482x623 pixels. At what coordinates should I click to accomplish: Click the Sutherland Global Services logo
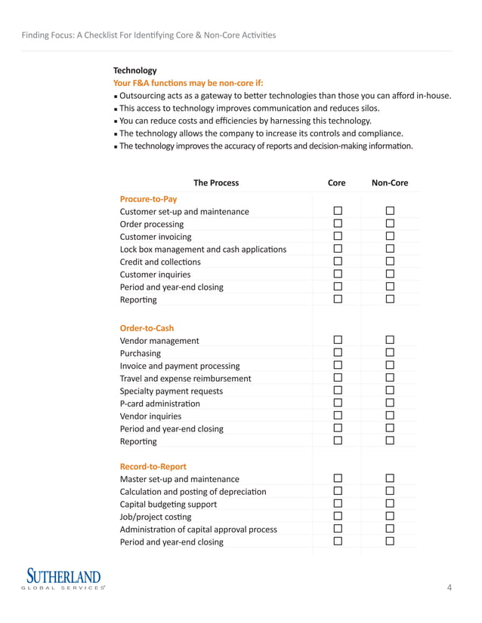(64, 580)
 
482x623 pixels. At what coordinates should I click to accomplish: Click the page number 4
(450, 588)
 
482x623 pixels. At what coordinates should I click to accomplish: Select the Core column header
(337, 183)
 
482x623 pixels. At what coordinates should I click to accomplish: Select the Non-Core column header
(390, 183)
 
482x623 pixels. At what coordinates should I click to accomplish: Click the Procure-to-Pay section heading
(148, 199)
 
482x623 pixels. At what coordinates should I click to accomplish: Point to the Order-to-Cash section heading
(147, 328)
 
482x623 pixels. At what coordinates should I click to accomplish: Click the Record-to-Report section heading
(153, 466)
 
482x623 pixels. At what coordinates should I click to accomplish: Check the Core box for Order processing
(338, 224)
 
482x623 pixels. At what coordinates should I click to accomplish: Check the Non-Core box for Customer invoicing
(391, 237)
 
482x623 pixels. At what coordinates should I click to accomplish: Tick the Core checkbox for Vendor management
(338, 341)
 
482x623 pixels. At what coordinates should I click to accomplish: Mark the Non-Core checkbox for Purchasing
(391, 353)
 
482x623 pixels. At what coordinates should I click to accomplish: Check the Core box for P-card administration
(338, 404)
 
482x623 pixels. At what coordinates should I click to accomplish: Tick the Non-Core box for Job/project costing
(391, 517)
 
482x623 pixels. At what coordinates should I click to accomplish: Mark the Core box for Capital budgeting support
(338, 504)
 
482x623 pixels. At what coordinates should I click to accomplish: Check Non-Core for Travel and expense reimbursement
(391, 378)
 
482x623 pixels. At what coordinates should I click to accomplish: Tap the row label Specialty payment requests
(171, 391)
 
